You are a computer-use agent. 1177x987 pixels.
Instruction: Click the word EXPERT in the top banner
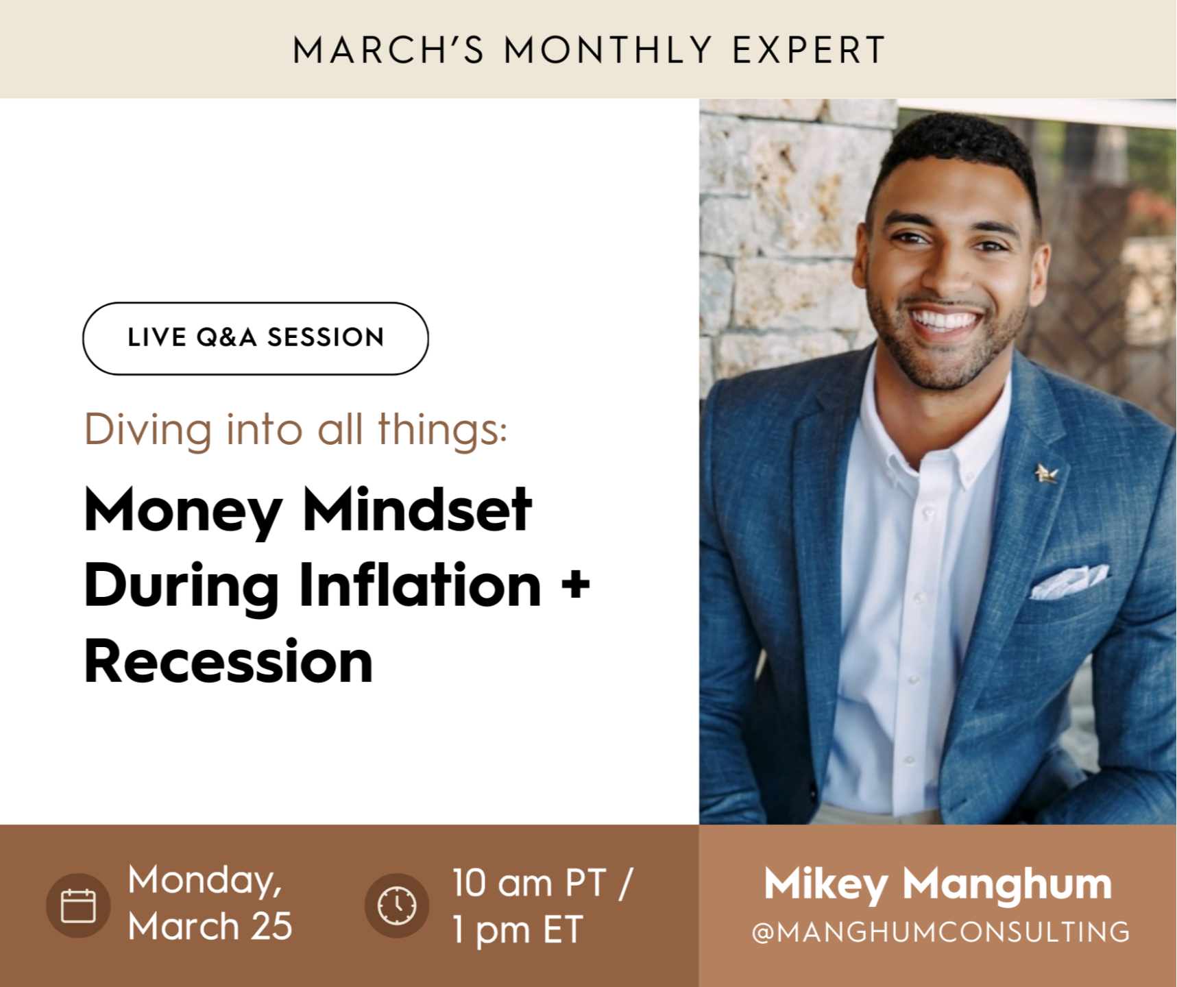point(809,50)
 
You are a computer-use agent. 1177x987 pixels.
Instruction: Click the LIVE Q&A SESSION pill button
point(256,339)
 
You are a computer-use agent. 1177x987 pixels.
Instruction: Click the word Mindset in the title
point(417,510)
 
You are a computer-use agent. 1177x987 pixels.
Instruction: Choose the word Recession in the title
point(228,661)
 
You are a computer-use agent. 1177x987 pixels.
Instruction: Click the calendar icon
point(78,905)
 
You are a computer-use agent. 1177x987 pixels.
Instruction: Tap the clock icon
point(397,905)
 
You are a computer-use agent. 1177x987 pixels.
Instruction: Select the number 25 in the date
point(271,927)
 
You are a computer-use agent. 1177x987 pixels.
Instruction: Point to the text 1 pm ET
point(518,930)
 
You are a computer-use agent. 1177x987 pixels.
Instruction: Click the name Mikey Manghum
point(938,884)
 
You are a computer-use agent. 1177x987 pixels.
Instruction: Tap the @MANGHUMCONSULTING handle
point(941,932)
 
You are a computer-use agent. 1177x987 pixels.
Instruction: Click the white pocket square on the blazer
point(1069,581)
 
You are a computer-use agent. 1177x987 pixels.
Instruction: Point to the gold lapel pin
point(1046,473)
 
